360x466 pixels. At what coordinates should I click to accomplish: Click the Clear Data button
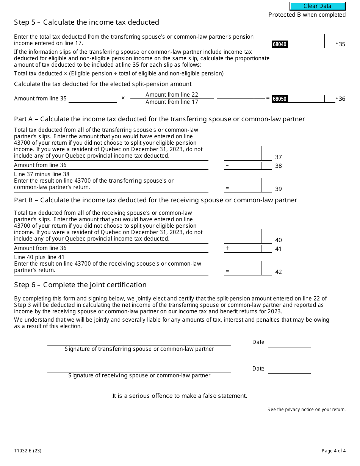(x=318, y=6)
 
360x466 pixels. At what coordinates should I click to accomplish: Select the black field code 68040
(x=279, y=44)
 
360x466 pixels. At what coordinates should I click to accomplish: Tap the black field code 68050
(x=279, y=99)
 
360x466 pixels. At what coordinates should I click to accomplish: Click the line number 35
(x=342, y=44)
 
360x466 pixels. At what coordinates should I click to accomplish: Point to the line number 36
(x=342, y=99)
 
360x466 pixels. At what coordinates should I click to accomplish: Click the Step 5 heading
(x=86, y=22)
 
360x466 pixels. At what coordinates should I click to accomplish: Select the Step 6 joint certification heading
(x=80, y=285)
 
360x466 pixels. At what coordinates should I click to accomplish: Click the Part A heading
(x=159, y=119)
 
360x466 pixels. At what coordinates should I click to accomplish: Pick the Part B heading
(x=155, y=200)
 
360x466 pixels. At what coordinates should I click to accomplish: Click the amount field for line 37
(x=243, y=155)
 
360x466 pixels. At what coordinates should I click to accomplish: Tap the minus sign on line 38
(x=227, y=166)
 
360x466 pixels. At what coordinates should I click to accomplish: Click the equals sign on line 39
(x=227, y=188)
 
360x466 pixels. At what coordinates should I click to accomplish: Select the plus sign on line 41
(x=227, y=248)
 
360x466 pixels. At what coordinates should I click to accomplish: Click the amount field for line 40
(x=243, y=238)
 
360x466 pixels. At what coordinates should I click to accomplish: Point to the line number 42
(x=279, y=272)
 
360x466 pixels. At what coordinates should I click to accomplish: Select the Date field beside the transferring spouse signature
(x=289, y=343)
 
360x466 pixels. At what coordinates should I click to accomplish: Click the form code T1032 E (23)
(x=28, y=451)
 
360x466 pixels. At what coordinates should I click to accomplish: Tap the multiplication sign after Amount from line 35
(x=123, y=99)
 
